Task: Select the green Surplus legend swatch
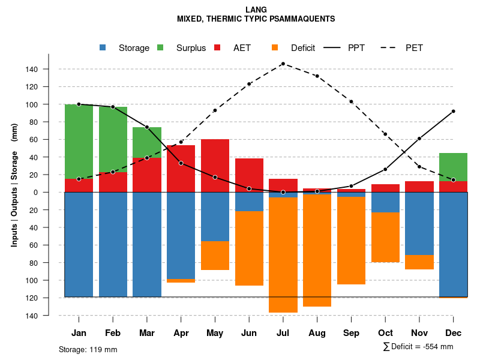tap(160, 47)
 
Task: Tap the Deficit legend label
tap(303, 48)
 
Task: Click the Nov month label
tap(419, 333)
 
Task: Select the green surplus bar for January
tap(79, 141)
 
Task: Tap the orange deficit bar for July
tap(283, 255)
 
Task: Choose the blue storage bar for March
tap(147, 244)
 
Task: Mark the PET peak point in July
tap(283, 64)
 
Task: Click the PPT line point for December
tap(453, 111)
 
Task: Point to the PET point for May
tap(215, 110)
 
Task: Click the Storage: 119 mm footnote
tap(88, 349)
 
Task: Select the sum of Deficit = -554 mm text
tap(418, 347)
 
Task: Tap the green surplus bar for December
tap(453, 167)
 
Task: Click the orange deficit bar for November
tap(419, 262)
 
